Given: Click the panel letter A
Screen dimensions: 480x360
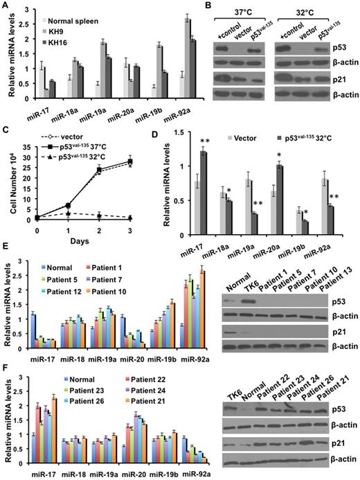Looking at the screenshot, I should point(6,6).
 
